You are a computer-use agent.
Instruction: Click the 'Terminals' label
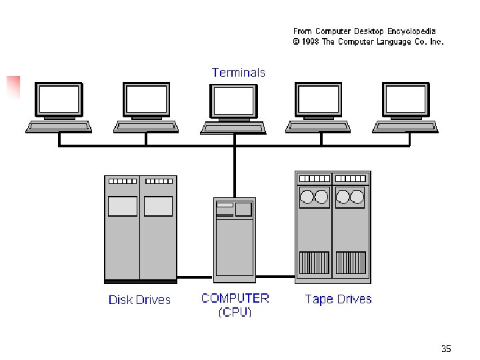pyautogui.click(x=238, y=73)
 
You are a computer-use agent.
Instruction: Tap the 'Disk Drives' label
pyautogui.click(x=139, y=300)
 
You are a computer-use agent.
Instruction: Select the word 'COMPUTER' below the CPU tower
pyautogui.click(x=235, y=298)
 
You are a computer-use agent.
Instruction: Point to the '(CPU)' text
pyautogui.click(x=235, y=312)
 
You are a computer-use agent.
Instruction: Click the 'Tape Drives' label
pyautogui.click(x=338, y=299)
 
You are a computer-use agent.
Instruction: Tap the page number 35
pyautogui.click(x=446, y=349)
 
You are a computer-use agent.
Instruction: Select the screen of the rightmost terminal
pyautogui.click(x=405, y=100)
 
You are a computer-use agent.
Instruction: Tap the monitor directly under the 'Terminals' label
pyautogui.click(x=233, y=100)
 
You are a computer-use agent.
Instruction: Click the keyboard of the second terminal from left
pyautogui.click(x=146, y=126)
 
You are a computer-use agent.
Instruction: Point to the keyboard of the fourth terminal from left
pyautogui.click(x=319, y=126)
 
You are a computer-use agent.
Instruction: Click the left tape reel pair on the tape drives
pyautogui.click(x=315, y=197)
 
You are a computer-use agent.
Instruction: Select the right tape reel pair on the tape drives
pyautogui.click(x=351, y=197)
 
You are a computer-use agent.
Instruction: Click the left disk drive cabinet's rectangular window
pyautogui.click(x=123, y=207)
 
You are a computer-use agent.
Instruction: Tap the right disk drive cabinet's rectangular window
pyautogui.click(x=158, y=207)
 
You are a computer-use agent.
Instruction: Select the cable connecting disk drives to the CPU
pyautogui.click(x=195, y=277)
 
